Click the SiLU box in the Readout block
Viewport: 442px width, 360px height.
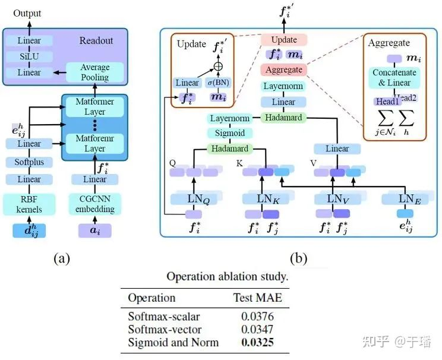pos(29,56)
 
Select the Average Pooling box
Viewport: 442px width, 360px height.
pos(94,72)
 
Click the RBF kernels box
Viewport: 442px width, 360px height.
pos(29,204)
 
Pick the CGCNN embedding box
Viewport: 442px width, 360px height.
pos(94,204)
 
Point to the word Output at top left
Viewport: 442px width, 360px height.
pos(27,12)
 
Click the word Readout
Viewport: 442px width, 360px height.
pos(97,41)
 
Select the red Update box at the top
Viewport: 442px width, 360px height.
pos(283,40)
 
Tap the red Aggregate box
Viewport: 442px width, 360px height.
pos(283,70)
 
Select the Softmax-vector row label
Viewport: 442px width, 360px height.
pos(165,329)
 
